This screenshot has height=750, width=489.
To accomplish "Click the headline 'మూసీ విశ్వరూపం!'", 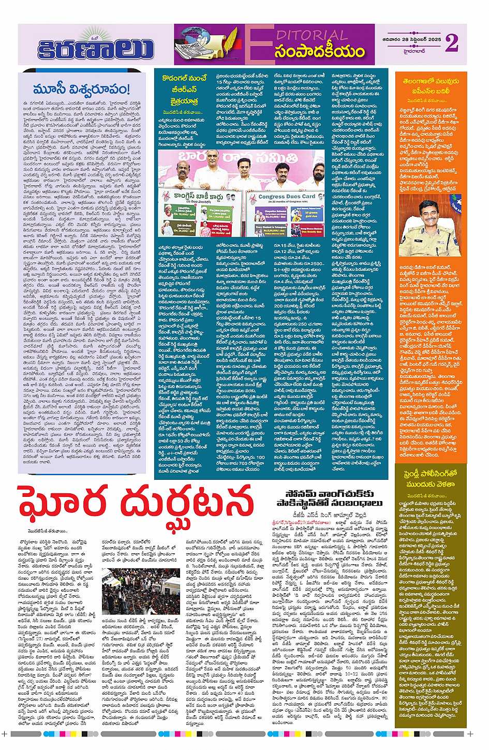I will tap(81, 89).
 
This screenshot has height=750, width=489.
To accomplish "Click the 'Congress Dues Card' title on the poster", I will tap(287, 197).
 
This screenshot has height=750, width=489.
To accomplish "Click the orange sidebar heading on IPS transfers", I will tap(431, 85).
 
